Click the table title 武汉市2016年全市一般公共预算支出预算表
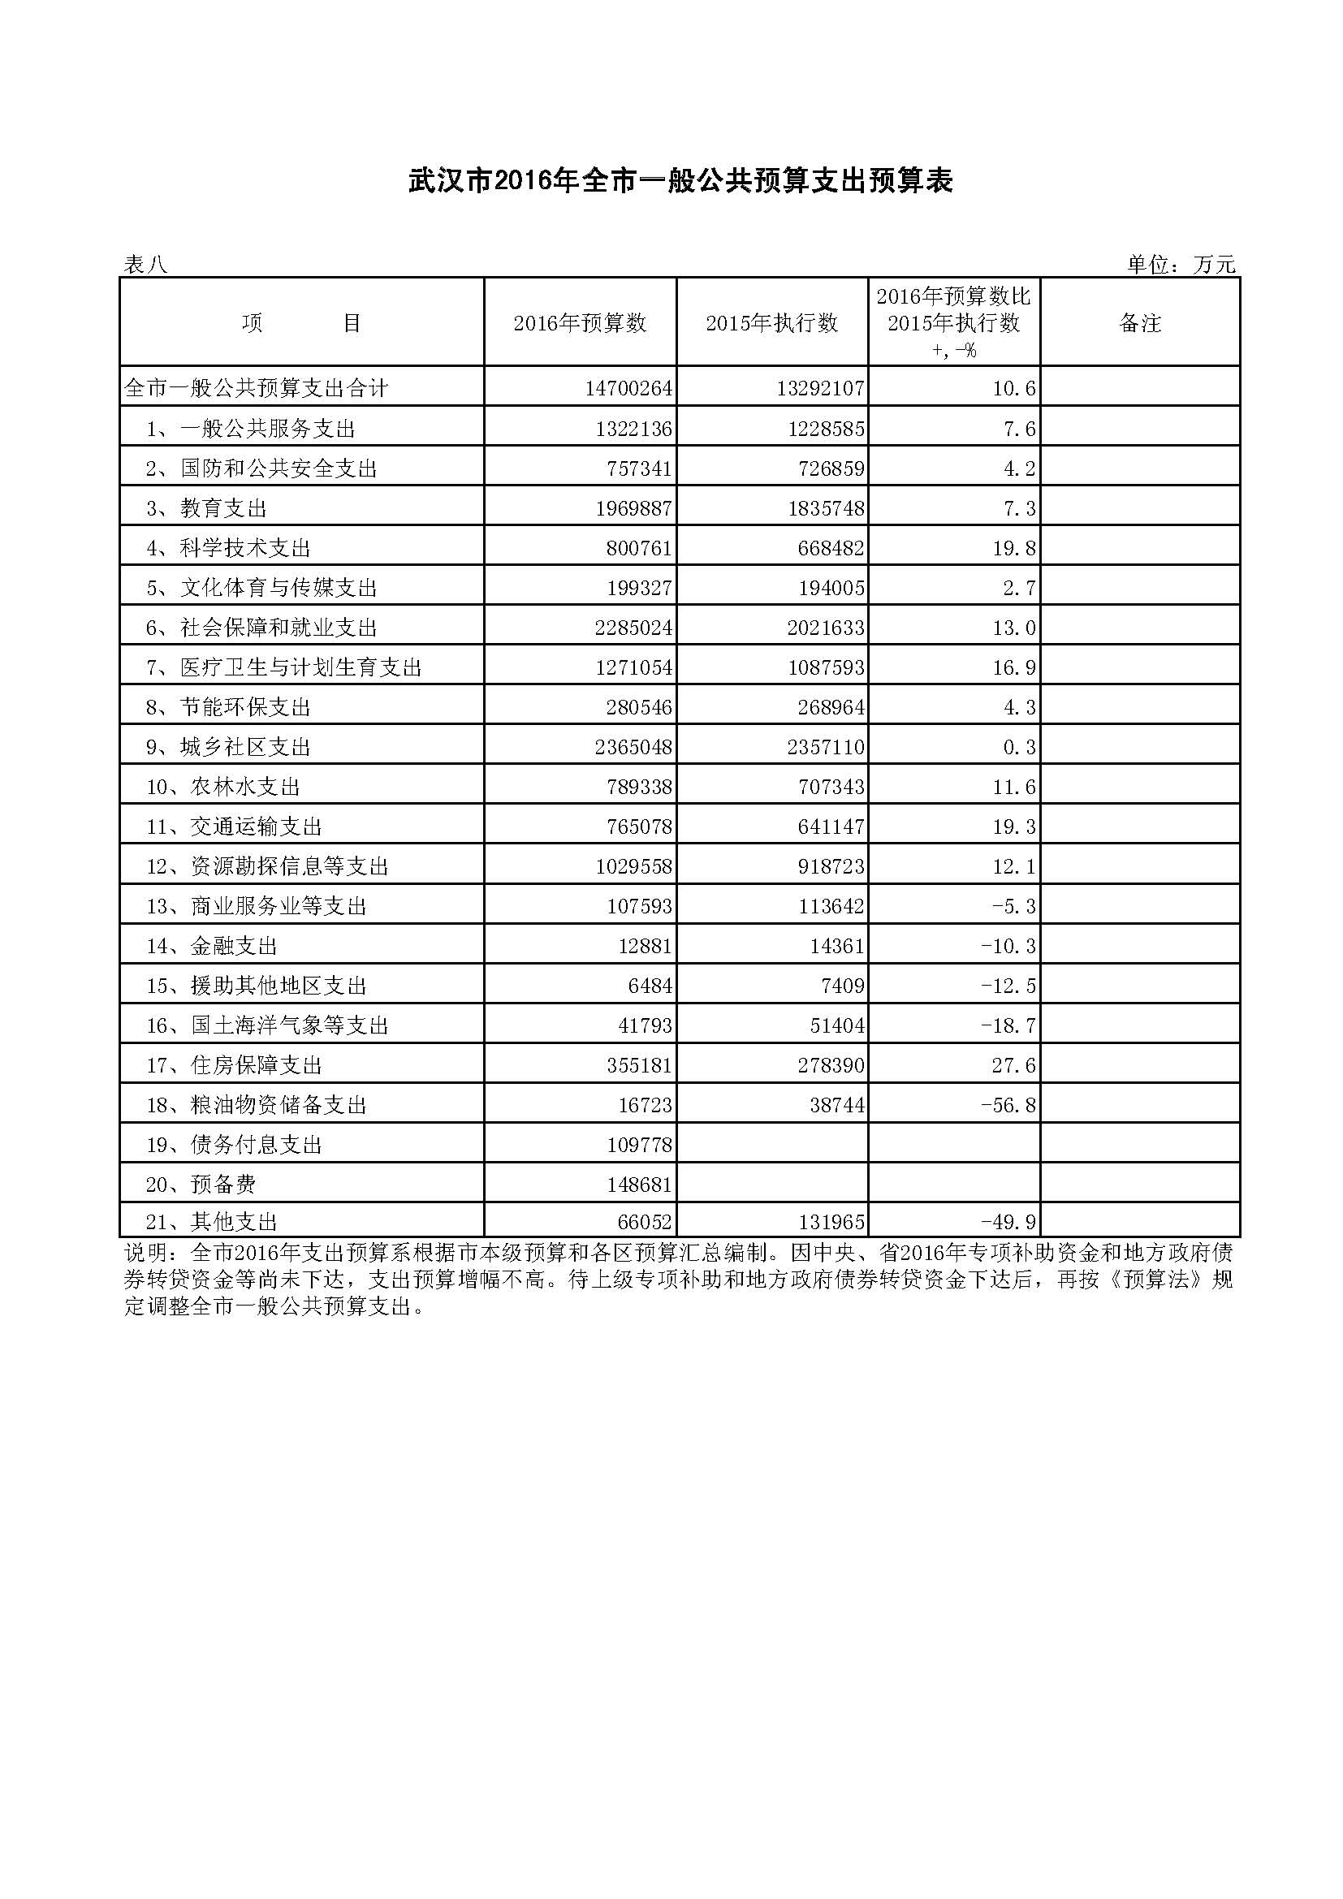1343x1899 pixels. tap(680, 181)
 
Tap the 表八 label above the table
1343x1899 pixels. tap(145, 265)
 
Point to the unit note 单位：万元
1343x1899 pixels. tap(1180, 265)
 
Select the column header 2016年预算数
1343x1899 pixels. tap(580, 323)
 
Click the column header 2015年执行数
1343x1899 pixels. tap(771, 323)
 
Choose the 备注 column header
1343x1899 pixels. tap(1139, 323)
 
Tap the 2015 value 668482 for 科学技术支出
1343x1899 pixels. tap(826, 548)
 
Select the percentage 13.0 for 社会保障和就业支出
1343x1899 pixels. tap(1014, 628)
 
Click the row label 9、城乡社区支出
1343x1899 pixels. tap(228, 748)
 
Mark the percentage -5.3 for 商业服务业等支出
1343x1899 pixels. tap(1014, 907)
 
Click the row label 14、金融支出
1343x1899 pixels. tap(212, 946)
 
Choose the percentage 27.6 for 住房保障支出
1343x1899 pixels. tap(1014, 1065)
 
